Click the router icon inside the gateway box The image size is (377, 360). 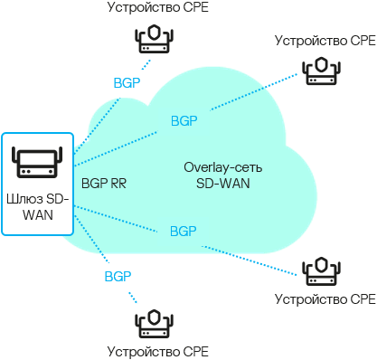[x=35, y=162]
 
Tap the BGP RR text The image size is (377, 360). [x=104, y=183]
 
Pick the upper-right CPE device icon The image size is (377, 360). [x=322, y=71]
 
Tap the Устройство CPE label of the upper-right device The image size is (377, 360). [x=323, y=41]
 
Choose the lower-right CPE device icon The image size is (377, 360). [x=322, y=270]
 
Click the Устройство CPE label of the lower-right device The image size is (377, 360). [x=323, y=298]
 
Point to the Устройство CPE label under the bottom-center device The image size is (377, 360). [x=152, y=350]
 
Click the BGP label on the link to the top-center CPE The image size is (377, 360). [x=127, y=82]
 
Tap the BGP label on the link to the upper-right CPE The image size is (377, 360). [x=184, y=120]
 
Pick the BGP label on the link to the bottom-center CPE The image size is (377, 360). [x=118, y=275]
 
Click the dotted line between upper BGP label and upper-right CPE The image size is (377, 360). [x=253, y=96]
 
